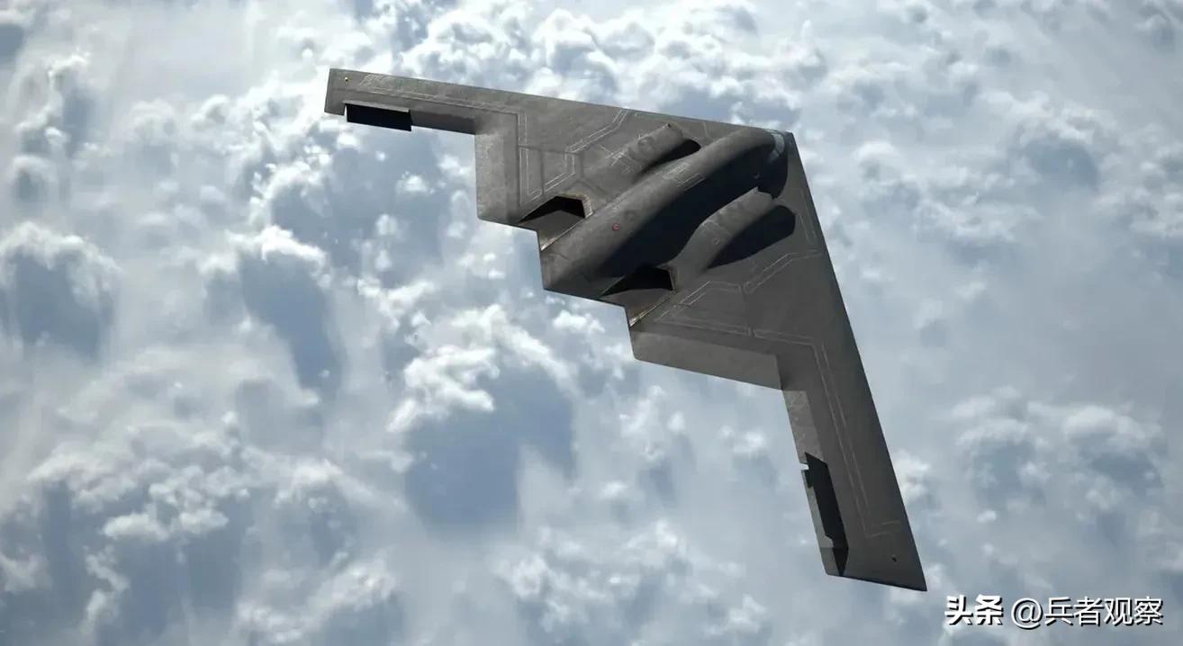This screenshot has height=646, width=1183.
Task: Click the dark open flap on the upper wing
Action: (377, 116)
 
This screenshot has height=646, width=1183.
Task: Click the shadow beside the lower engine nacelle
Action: (761, 238)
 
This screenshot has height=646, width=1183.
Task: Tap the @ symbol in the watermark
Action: (1025, 612)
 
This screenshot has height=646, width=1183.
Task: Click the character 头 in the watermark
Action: (961, 612)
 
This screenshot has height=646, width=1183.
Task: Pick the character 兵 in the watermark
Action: (1057, 612)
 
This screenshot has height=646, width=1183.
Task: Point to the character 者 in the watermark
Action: (1087, 612)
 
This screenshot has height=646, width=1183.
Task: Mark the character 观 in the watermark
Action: (1116, 612)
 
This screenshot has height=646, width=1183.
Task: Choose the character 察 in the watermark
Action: (1146, 612)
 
